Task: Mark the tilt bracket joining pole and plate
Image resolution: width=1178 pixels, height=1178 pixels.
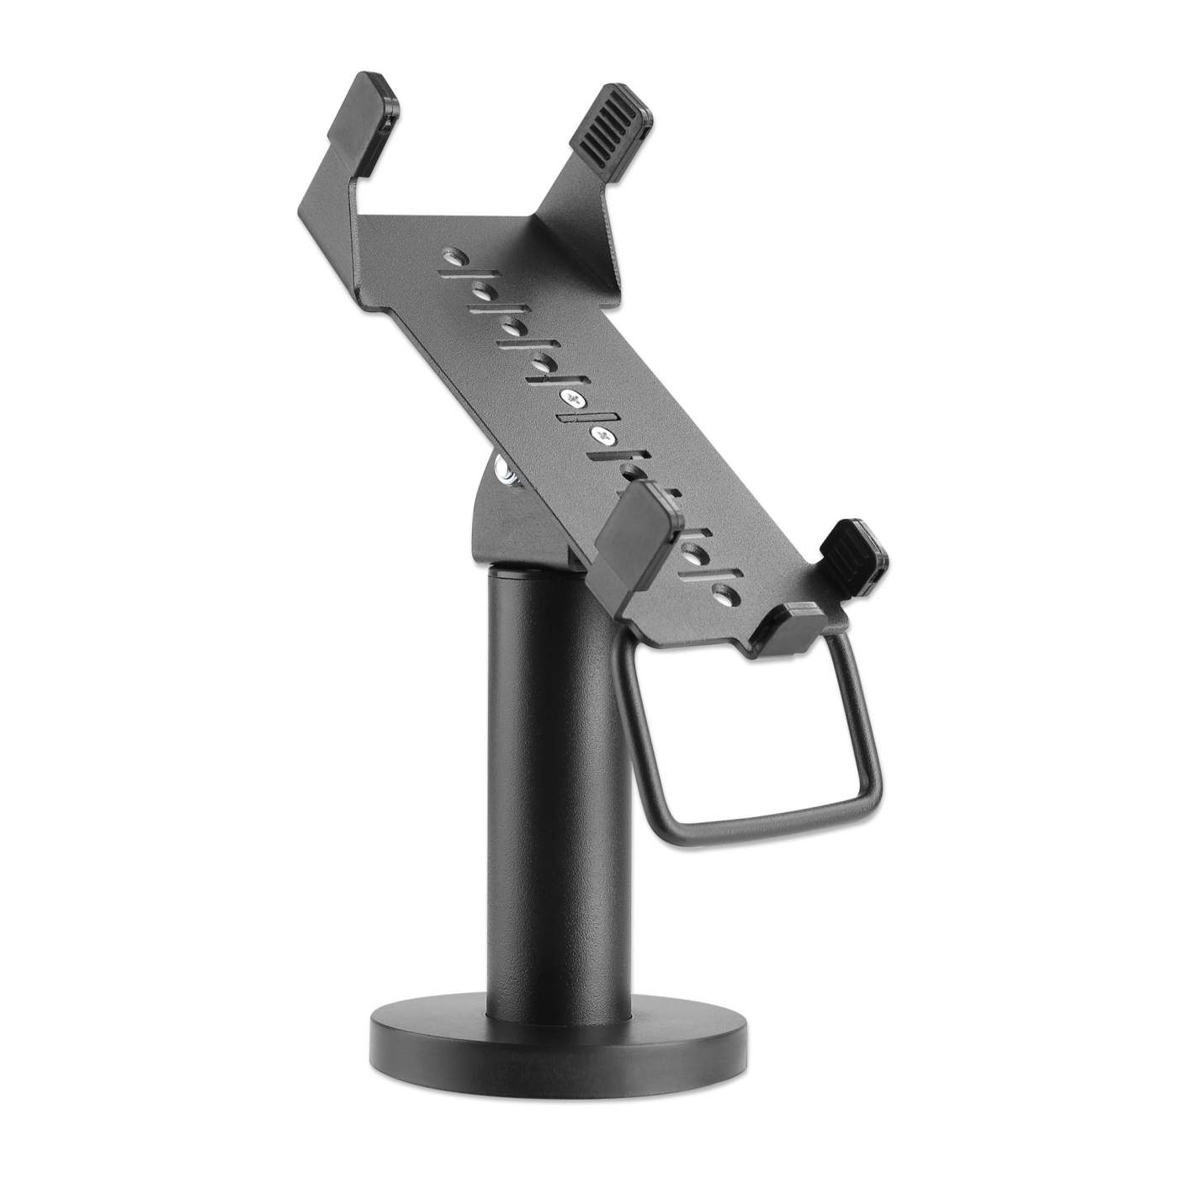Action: pyautogui.click(x=522, y=522)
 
